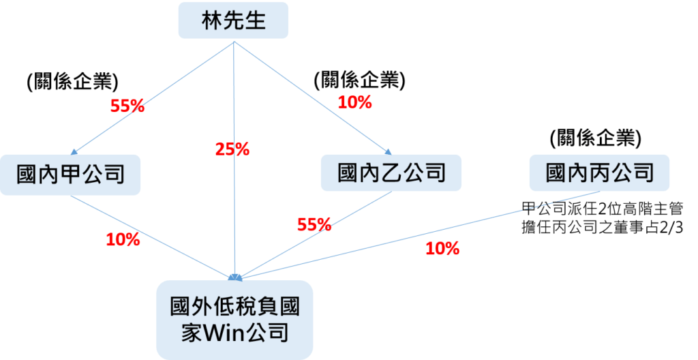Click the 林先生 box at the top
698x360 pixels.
234,21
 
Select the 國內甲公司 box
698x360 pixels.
70,175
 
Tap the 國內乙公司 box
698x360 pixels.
391,172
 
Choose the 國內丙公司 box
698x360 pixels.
600,172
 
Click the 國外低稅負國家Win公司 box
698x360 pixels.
235,320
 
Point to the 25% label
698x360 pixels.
232,149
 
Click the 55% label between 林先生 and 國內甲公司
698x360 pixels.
127,106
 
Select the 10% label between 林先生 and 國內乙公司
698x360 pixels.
354,103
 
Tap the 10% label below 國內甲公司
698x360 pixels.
123,239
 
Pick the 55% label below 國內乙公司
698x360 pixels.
314,224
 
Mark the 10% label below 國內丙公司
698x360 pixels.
442,249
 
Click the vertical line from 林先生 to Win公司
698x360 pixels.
234,205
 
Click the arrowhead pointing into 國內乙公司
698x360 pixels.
389,151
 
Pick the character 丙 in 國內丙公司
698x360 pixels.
600,172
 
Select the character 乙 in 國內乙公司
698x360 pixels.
391,172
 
